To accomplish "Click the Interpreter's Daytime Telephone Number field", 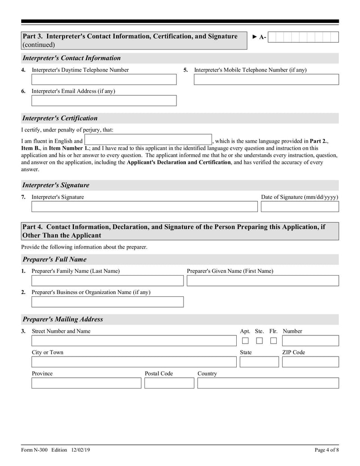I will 104,80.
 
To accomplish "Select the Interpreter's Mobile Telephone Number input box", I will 266,80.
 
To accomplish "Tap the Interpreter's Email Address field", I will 104,100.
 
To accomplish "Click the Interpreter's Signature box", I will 144,207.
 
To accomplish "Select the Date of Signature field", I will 300,207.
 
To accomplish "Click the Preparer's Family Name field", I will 108,281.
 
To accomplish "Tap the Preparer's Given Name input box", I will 262,281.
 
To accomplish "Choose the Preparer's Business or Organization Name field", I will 108,302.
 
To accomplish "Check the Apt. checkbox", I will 245,341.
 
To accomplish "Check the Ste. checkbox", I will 259,341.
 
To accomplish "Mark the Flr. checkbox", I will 273,341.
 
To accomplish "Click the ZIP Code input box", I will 310,362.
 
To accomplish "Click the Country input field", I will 268,383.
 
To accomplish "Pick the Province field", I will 86,383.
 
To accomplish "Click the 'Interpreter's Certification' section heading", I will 60,118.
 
